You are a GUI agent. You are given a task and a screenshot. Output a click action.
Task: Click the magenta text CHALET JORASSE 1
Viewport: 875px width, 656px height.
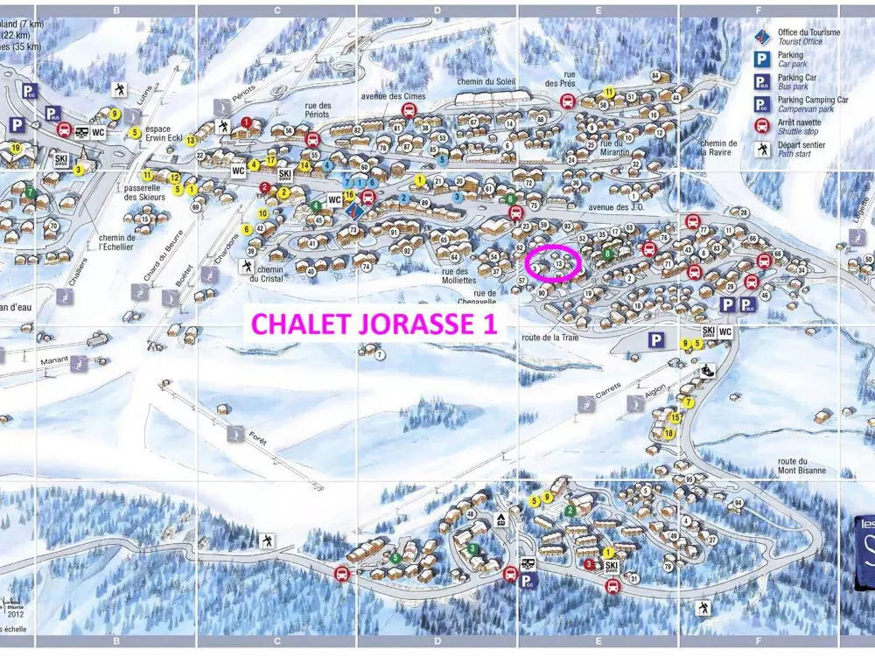[x=375, y=324]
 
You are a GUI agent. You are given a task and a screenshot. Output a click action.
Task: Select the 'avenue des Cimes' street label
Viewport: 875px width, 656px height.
[x=393, y=96]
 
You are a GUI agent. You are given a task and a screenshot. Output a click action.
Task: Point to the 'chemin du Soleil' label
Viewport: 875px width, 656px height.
[x=486, y=82]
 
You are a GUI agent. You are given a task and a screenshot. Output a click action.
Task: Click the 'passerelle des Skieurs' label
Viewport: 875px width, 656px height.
[x=144, y=192]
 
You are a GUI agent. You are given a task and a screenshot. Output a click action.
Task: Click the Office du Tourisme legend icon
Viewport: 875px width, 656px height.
[x=762, y=37]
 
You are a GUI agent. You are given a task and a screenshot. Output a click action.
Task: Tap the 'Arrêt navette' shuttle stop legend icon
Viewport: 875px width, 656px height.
[x=762, y=128]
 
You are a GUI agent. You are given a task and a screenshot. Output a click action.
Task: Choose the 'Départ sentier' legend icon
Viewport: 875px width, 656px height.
[x=762, y=150]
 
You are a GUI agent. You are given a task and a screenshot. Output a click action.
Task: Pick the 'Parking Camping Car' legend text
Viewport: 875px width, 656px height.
[x=813, y=100]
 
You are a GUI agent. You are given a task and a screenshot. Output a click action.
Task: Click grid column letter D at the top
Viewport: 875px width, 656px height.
[x=437, y=10]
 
